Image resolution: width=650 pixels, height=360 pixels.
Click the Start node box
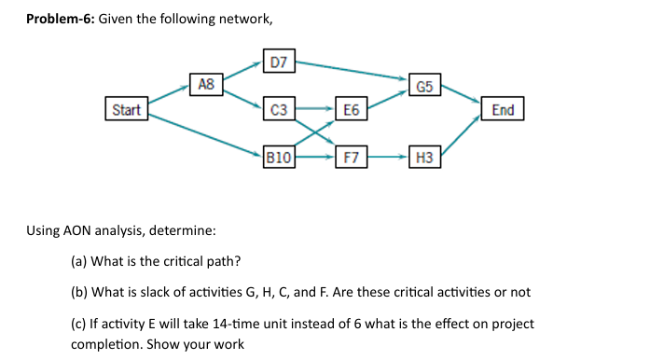(x=126, y=110)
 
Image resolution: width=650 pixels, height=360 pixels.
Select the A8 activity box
(x=206, y=85)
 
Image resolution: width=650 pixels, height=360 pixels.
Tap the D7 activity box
(x=279, y=62)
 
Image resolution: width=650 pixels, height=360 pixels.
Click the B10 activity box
(x=279, y=158)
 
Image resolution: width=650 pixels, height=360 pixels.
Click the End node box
(x=502, y=110)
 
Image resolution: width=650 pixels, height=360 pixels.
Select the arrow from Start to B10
(x=205, y=134)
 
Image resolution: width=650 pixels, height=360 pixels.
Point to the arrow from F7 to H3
(x=388, y=158)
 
